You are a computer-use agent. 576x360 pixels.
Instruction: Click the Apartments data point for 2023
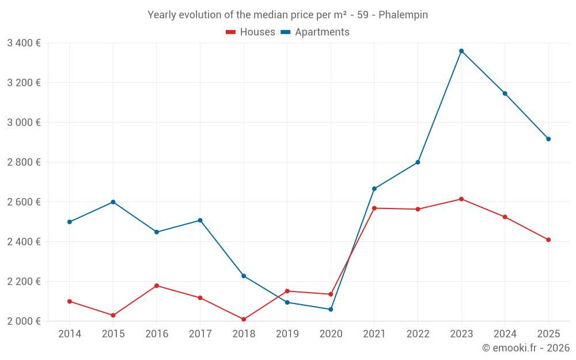[461, 51]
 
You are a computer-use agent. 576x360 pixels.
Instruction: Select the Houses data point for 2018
[244, 319]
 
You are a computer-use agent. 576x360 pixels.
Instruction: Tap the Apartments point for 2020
[331, 309]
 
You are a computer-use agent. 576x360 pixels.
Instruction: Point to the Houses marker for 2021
[374, 208]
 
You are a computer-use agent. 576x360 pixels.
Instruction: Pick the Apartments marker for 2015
[113, 202]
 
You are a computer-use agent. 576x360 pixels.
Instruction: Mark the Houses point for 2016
[157, 286]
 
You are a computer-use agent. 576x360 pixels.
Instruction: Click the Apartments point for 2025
[548, 139]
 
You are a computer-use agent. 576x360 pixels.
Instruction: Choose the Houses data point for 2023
[461, 199]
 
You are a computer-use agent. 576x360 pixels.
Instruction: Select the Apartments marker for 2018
[244, 276]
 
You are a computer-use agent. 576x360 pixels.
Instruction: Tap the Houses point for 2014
[70, 301]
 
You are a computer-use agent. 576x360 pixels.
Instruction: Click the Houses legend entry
[251, 32]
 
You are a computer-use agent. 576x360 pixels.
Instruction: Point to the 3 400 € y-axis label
[24, 43]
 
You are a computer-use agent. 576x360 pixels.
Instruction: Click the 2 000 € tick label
[24, 321]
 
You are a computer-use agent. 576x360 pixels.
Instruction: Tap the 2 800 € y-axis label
[24, 162]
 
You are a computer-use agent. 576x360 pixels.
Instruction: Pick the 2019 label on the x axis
[287, 334]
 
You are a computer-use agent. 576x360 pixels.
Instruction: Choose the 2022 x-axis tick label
[418, 334]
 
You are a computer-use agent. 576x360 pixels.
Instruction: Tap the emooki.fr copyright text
[525, 348]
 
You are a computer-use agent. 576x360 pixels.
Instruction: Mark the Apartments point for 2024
[505, 93]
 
